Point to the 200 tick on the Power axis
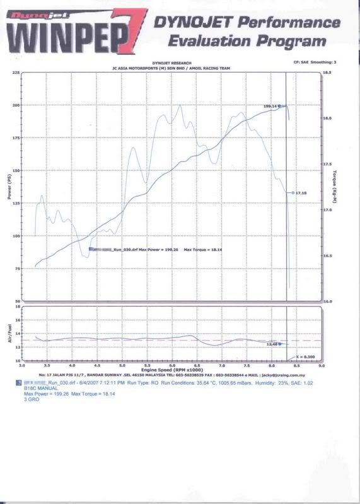point(15,105)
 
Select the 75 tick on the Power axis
point(16,269)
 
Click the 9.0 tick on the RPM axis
point(322,365)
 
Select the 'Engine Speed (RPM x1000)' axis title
point(171,370)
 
